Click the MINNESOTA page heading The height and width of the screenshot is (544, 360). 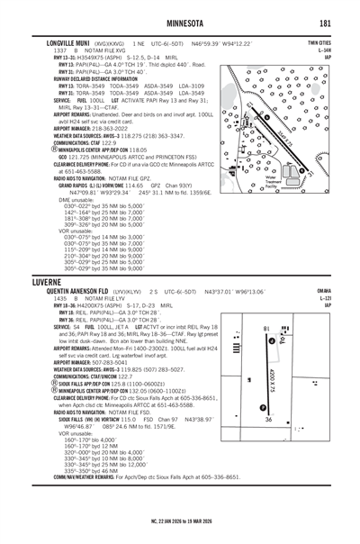point(179,23)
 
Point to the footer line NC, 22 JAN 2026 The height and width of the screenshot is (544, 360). point(179,520)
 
